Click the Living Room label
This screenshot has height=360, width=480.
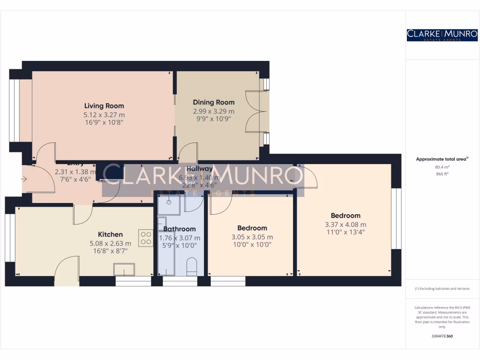pos(104,106)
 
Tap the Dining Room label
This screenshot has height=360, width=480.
pos(214,102)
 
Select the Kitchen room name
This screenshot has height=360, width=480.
pos(110,234)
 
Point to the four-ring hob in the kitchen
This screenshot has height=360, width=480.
pos(146,238)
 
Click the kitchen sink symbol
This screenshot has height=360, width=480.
pos(124,270)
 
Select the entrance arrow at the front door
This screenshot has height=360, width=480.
pos(24,179)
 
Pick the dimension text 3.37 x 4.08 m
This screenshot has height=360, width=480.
pos(345,224)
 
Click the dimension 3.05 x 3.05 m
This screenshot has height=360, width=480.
pos(252,237)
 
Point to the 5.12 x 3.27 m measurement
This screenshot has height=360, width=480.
pos(104,115)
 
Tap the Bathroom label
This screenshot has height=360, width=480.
pos(180,229)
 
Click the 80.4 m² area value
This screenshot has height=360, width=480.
pos(442,166)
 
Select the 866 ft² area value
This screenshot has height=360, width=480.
pos(442,173)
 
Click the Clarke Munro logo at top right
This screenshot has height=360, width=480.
pos(442,35)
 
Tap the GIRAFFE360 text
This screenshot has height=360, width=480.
pos(442,336)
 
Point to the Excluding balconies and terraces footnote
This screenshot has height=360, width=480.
pos(442,289)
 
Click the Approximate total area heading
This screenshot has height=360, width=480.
pos(441,159)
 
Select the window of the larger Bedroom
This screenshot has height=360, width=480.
pos(397,218)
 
